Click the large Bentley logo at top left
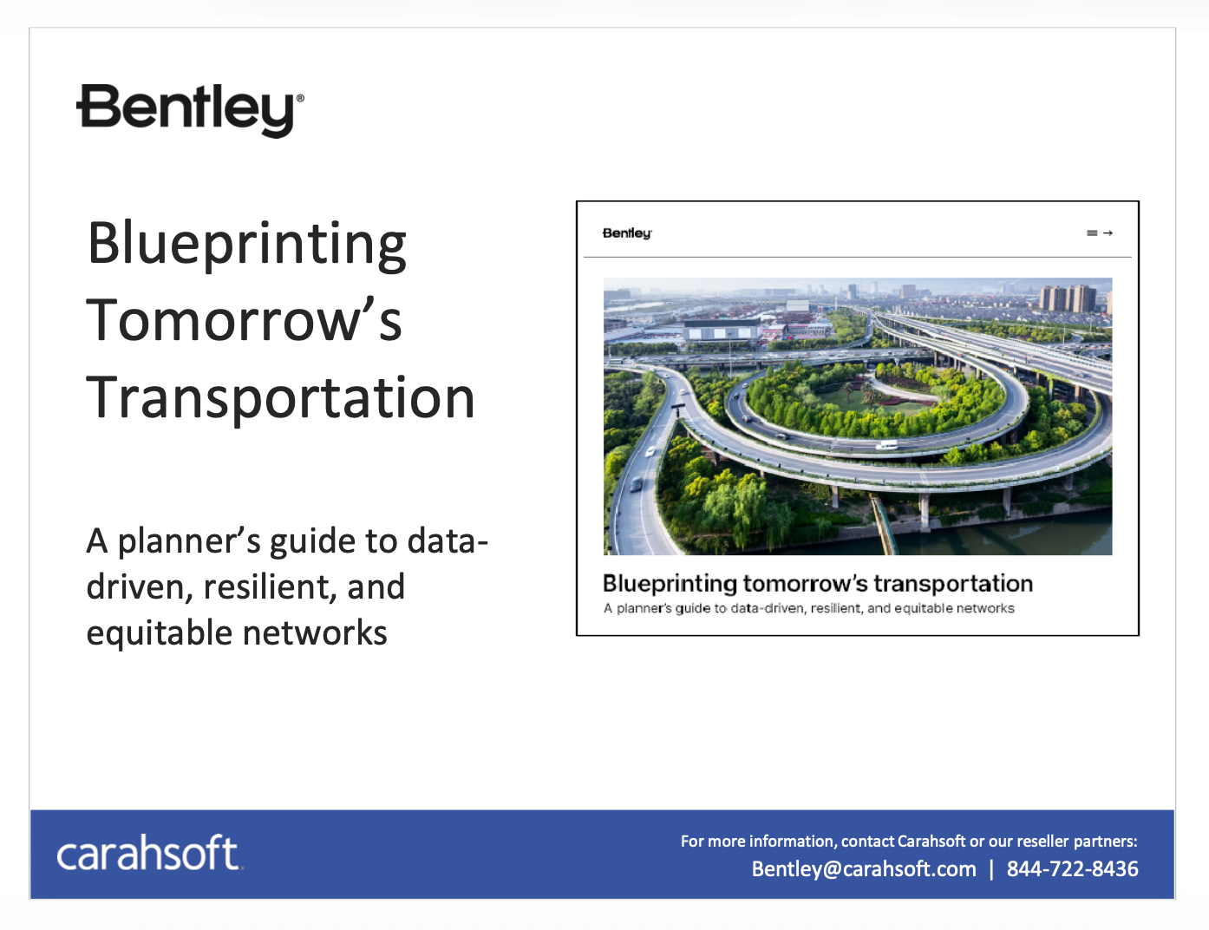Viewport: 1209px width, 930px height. coord(190,110)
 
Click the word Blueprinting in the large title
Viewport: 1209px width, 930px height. coord(247,245)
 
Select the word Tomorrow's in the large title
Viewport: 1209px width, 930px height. coord(244,320)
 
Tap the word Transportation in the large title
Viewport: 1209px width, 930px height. coord(280,397)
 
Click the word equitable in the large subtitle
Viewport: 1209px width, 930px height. coord(159,634)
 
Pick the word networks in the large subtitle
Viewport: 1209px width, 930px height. coord(315,632)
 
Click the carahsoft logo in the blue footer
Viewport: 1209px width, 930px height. coord(149,852)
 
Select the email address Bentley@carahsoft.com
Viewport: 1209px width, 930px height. coord(864,869)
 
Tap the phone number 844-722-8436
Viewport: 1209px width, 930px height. coord(1072,868)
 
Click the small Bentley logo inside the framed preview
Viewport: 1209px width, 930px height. coord(627,233)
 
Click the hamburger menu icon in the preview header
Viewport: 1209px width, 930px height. coord(1092,233)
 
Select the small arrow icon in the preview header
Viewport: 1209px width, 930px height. coord(1108,233)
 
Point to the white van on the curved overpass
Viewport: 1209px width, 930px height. coord(886,445)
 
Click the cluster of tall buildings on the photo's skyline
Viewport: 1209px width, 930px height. coord(1068,298)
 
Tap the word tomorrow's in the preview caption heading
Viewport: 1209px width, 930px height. coord(806,584)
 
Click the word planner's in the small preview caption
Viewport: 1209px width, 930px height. coord(644,608)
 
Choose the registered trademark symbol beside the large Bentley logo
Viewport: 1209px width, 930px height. coord(300,98)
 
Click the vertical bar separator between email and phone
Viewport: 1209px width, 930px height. coord(991,869)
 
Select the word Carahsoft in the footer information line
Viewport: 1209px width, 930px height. coord(931,841)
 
